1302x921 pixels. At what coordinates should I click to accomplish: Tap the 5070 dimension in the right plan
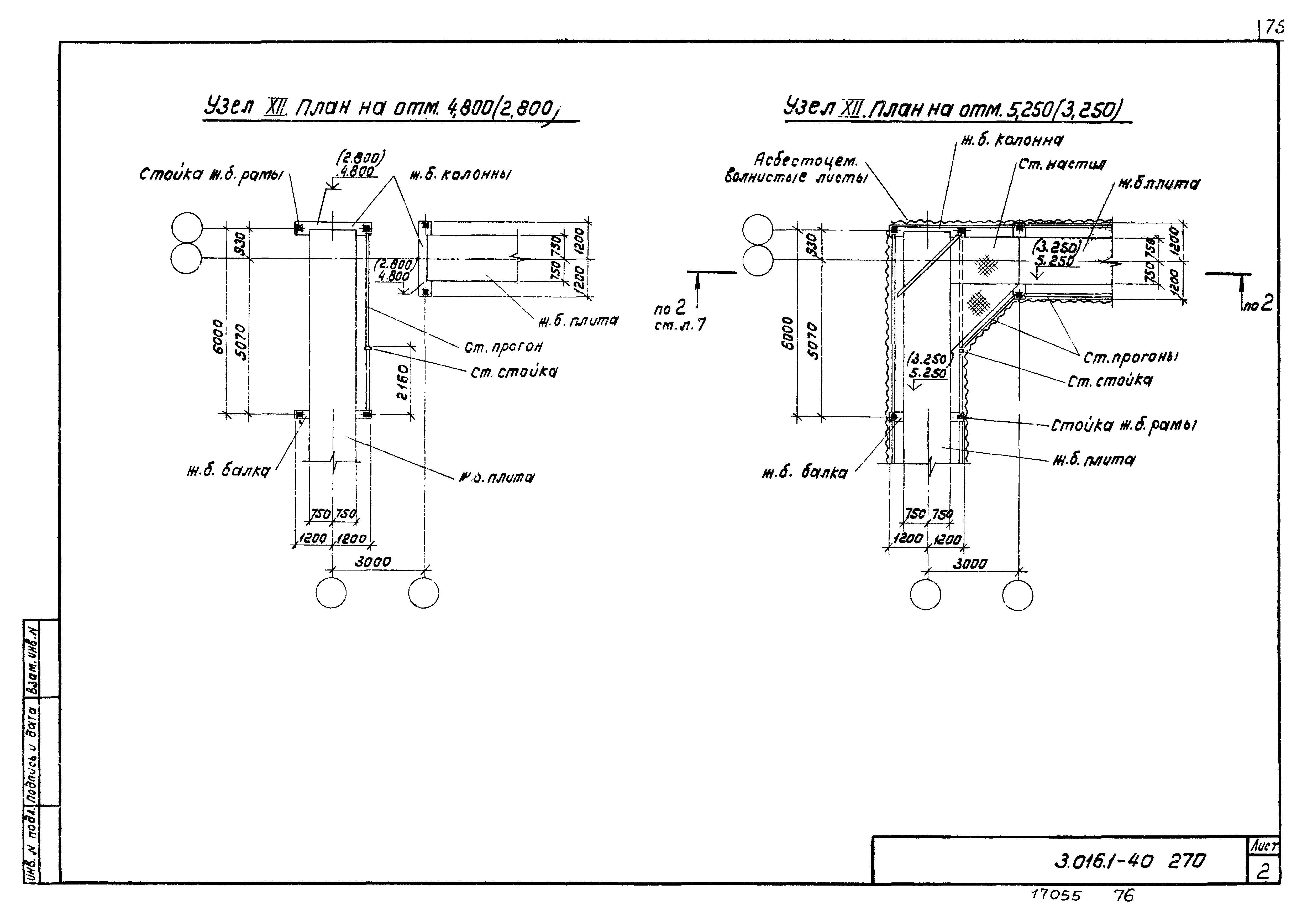(813, 341)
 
